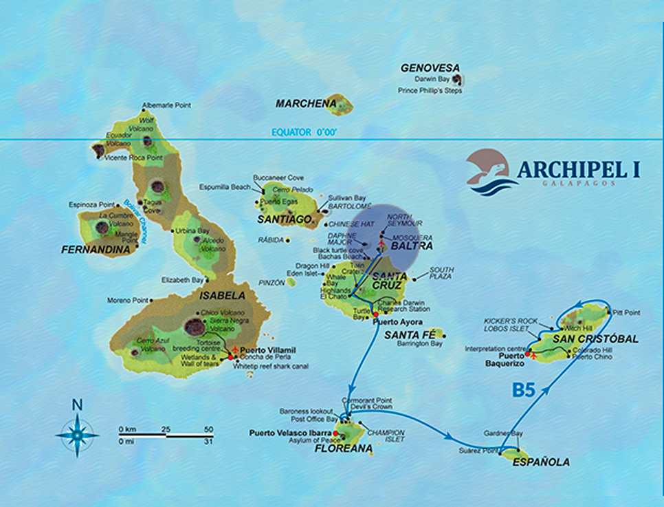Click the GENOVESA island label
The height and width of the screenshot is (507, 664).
tap(430, 68)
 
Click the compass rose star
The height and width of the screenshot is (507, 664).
tap(78, 435)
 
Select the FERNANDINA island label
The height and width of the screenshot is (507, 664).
tap(96, 250)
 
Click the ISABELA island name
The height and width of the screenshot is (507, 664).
tap(222, 296)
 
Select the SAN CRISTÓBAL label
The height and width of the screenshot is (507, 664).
tap(595, 339)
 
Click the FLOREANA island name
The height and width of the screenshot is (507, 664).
tap(343, 449)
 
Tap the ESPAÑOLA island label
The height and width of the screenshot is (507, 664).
tap(541, 462)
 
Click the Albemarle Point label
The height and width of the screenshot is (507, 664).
tap(166, 105)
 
